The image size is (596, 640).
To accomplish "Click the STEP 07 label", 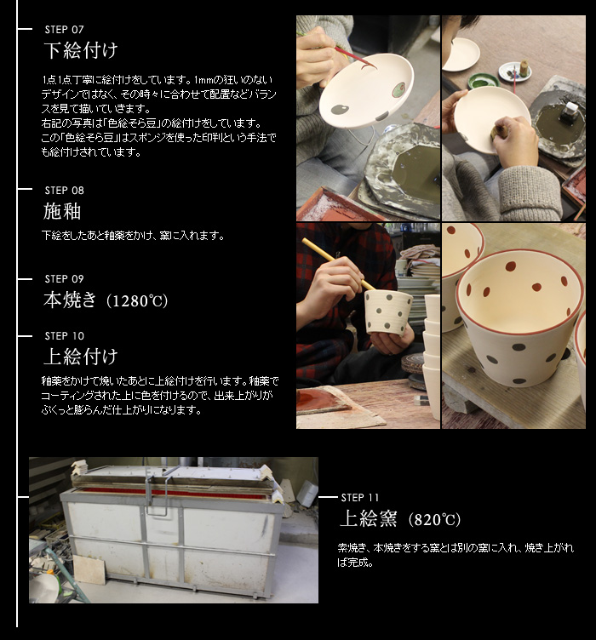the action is click(64, 30).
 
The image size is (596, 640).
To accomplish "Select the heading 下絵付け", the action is click(81, 50).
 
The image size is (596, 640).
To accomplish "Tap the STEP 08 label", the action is click(64, 190).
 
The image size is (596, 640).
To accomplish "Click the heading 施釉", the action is click(62, 211).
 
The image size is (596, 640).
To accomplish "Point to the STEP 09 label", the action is click(64, 279).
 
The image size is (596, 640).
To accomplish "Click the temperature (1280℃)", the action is click(137, 300).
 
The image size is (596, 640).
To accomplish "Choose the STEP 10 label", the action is click(65, 336).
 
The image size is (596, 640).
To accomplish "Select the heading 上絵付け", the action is click(81, 357).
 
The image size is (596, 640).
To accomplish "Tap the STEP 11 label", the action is click(359, 498).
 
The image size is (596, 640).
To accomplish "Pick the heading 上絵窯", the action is click(368, 519).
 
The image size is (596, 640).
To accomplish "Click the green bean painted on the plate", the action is click(399, 89).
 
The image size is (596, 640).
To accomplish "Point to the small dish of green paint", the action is click(483, 80).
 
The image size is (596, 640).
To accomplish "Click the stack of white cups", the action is click(432, 356).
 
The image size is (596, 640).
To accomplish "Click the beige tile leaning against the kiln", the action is click(89, 569).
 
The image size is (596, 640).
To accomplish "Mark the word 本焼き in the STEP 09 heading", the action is click(70, 300).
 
